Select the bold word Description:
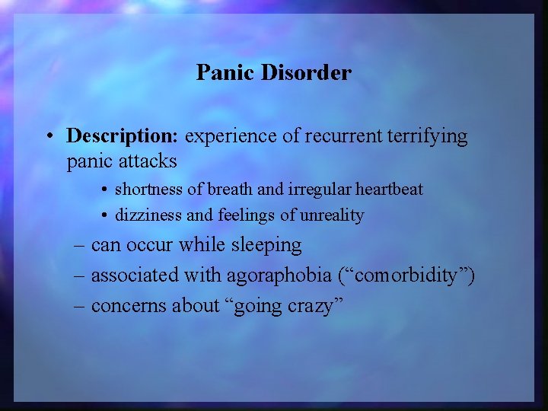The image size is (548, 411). (122, 137)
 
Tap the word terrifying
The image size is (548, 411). (428, 137)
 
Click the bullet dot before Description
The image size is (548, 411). (49, 137)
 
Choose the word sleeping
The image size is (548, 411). (267, 246)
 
